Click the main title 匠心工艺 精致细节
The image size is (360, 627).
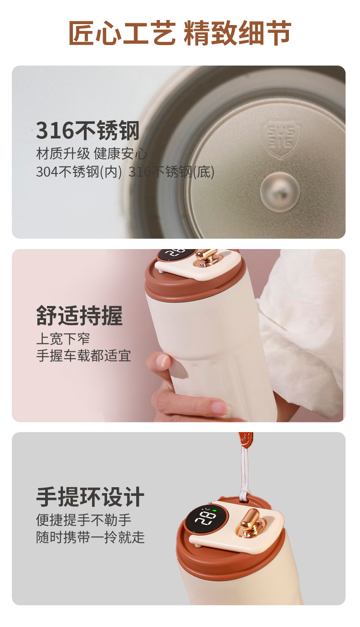[180, 33]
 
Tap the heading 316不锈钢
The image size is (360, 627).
[87, 130]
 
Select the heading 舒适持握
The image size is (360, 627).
[80, 316]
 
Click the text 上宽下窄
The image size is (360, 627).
[63, 339]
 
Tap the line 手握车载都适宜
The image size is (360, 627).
[83, 356]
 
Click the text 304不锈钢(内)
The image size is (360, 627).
[79, 172]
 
